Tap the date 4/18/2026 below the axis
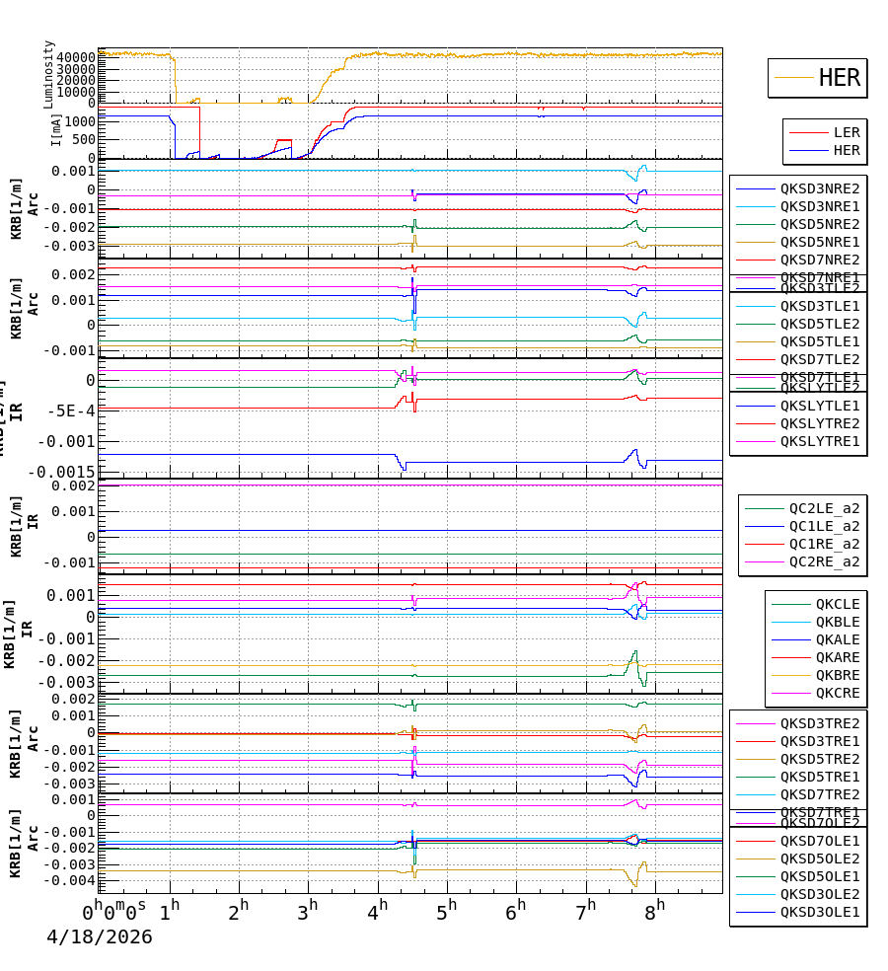click(100, 937)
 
